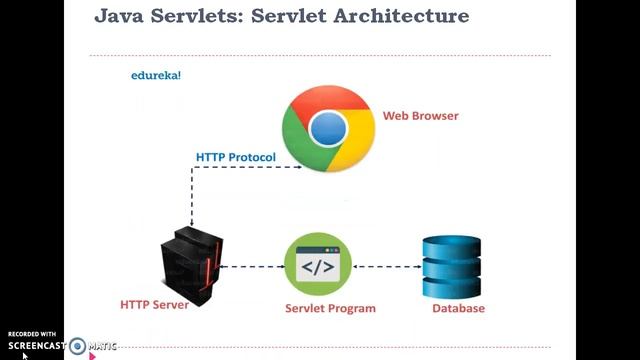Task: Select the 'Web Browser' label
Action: pos(420,115)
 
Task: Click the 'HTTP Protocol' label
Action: pos(235,157)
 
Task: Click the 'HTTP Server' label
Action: pos(154,304)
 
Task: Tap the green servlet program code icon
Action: pos(317,266)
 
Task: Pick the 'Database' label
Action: pos(458,308)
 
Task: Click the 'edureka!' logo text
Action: pos(156,75)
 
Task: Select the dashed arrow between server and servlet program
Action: pos(252,267)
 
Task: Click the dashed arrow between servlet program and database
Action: pos(386,267)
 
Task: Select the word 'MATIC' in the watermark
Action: pos(103,346)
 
